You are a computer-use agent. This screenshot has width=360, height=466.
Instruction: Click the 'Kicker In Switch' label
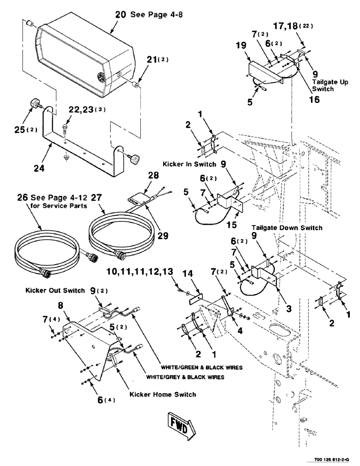click(x=189, y=164)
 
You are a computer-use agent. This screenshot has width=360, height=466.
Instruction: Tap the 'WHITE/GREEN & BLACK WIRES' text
click(x=203, y=367)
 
